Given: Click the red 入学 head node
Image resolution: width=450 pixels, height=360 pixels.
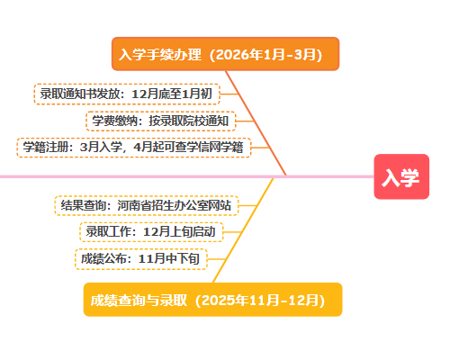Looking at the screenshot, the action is [401, 176].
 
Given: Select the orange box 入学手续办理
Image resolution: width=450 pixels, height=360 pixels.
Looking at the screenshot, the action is [225, 54].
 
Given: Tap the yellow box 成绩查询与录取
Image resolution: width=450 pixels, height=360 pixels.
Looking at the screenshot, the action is [212, 300].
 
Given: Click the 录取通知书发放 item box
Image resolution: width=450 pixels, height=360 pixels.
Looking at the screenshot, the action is [127, 94].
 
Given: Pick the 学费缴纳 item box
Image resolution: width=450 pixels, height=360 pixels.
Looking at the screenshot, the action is [161, 121].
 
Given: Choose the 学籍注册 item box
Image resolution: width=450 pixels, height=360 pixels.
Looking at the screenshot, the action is [134, 148].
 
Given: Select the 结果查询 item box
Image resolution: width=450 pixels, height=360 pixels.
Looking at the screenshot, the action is [147, 205].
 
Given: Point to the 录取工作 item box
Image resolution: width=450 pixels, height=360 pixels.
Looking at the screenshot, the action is [151, 232].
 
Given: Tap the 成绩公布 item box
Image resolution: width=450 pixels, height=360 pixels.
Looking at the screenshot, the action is [141, 259].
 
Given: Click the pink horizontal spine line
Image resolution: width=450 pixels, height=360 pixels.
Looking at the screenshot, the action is [187, 176].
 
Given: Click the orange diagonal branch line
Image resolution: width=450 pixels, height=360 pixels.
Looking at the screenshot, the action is [256, 123].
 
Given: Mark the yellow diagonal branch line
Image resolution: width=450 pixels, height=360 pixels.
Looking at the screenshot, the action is [243, 230].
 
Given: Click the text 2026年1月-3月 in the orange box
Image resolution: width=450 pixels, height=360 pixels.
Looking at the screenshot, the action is [265, 55].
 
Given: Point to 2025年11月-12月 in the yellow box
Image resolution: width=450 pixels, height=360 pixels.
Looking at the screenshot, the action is [260, 300].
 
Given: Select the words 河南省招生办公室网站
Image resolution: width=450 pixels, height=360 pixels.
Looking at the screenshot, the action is [175, 205].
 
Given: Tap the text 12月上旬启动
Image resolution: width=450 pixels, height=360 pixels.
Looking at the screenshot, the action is [179, 232].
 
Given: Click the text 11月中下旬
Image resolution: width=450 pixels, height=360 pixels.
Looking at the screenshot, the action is [169, 259].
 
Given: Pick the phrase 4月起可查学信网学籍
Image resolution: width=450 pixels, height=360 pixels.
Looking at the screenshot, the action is [188, 148].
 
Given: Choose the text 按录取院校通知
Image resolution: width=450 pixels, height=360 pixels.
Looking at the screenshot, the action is [189, 121].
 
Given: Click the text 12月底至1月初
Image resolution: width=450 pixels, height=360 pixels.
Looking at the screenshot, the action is [172, 94].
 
